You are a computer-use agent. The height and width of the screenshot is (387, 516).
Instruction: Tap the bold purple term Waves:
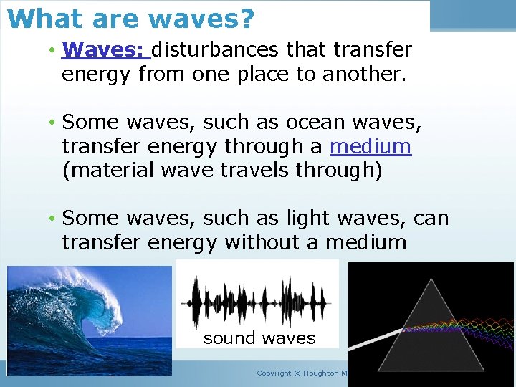pyautogui.click(x=105, y=49)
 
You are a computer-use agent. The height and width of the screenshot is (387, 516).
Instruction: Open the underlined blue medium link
pyautogui.click(x=370, y=147)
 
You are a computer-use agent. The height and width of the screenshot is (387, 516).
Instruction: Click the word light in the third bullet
pyautogui.click(x=304, y=218)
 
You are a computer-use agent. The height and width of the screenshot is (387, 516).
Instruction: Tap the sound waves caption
pyautogui.click(x=259, y=338)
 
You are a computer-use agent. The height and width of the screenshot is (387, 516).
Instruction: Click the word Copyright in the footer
pyautogui.click(x=274, y=373)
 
